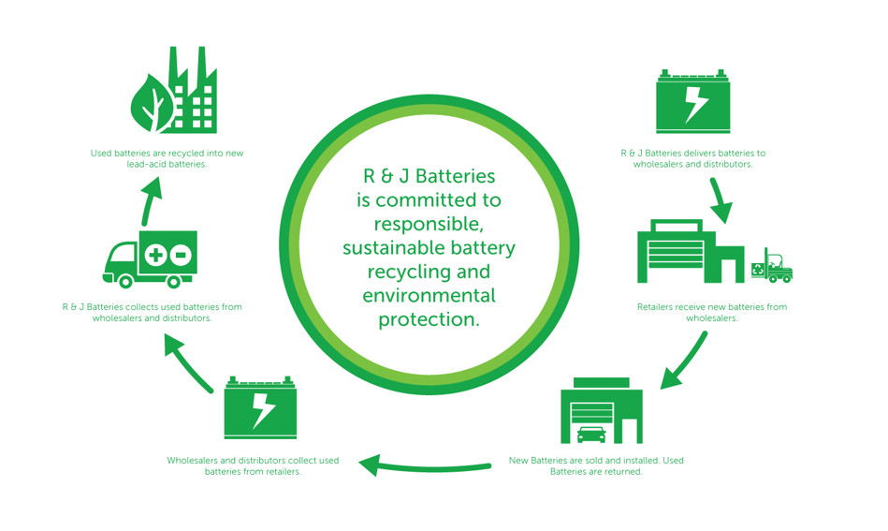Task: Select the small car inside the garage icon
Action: (591, 435)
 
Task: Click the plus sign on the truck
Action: (156, 255)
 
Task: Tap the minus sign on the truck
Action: (182, 255)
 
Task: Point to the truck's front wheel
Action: (125, 279)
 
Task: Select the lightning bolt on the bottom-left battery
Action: (263, 409)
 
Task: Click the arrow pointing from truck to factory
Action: (151, 199)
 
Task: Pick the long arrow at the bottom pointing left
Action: (425, 465)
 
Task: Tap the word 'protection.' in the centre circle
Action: (429, 320)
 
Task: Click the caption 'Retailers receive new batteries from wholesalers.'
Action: (711, 313)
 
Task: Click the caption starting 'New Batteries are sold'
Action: (595, 466)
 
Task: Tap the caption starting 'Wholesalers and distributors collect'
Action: (253, 466)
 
